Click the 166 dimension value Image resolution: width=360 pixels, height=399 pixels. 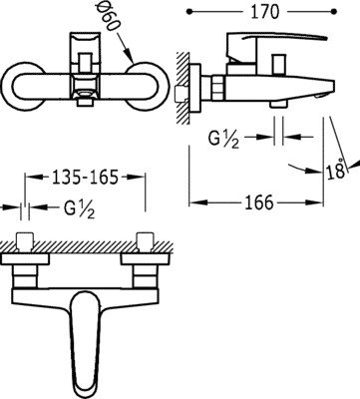(259, 202)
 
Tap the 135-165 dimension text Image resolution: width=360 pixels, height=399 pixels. (85, 177)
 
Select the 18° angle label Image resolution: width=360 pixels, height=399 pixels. (335, 169)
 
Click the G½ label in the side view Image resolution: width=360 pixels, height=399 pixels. (223, 138)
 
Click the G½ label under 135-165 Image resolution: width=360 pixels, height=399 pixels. (80, 209)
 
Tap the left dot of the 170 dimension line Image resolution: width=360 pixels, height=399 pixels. (189, 12)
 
